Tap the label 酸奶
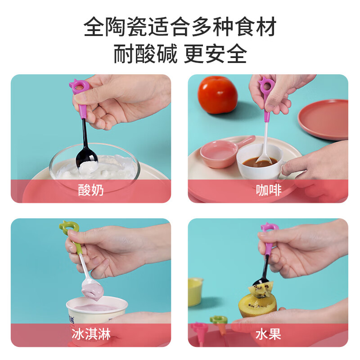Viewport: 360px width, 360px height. point(91,190)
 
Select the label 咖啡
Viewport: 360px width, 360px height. point(269,190)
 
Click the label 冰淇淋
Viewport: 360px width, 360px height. point(91,334)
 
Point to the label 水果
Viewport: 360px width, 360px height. point(269,334)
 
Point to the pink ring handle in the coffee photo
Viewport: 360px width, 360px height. point(267,85)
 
